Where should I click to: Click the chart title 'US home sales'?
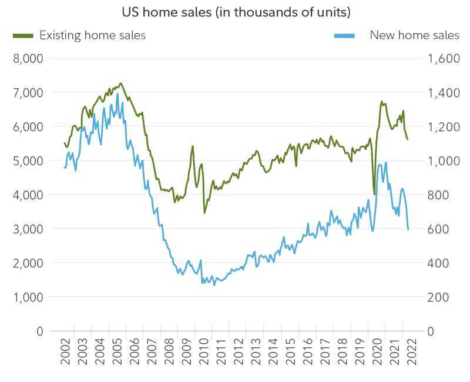tap(235, 12)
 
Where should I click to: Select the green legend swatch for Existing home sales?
tap(23, 36)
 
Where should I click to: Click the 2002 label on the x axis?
tap(66, 352)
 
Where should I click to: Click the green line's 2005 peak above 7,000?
tap(120, 83)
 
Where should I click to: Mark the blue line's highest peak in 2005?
tap(117, 94)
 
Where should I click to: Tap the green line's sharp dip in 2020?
tap(374, 195)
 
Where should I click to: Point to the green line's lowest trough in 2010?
tap(204, 212)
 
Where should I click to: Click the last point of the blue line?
tap(408, 230)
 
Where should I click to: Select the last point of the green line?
tap(408, 140)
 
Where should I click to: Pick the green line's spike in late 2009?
tap(193, 146)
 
